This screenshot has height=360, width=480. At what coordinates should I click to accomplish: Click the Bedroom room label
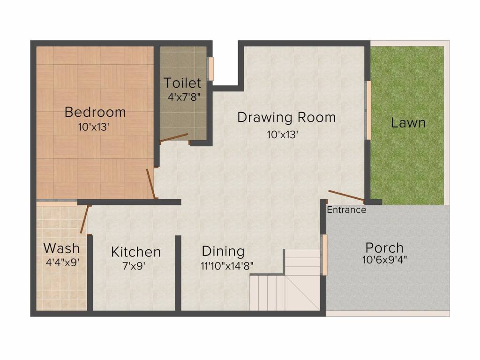(95, 112)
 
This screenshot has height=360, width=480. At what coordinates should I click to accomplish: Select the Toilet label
(182, 83)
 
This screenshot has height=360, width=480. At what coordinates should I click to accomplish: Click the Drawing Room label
(286, 117)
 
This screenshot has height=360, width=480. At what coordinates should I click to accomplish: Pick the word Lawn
(408, 123)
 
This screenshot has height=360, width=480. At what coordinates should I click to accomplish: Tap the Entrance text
(346, 210)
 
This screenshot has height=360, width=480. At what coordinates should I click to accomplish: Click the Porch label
(384, 247)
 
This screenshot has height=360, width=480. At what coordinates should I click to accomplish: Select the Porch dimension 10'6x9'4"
(384, 260)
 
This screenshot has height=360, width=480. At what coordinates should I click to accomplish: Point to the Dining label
(223, 251)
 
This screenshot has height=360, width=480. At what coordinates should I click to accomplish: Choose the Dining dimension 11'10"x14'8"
(227, 265)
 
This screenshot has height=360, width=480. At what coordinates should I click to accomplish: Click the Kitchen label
(136, 252)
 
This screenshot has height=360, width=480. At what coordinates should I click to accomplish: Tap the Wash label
(61, 248)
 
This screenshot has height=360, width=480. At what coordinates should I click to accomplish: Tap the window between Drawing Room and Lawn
(369, 110)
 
